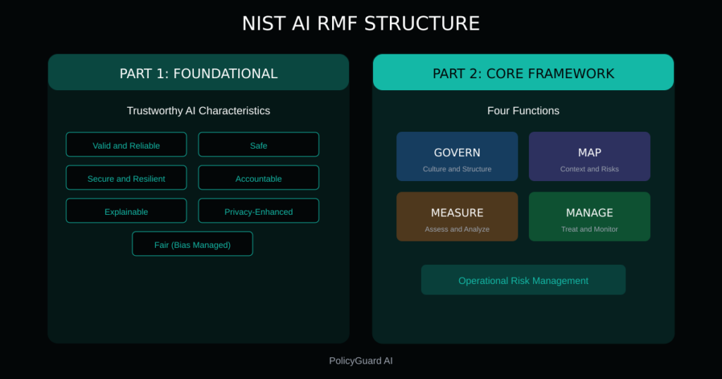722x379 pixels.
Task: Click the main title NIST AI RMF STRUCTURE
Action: click(360, 23)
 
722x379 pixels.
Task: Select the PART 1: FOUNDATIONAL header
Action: click(198, 73)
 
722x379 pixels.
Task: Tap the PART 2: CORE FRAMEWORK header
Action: click(522, 73)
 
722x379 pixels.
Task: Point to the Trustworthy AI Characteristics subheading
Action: click(198, 111)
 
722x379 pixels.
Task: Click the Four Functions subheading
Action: click(522, 111)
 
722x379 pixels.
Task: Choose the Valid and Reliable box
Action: click(126, 145)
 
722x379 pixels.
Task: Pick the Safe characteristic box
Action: click(258, 145)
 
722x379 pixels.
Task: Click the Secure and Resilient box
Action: click(126, 178)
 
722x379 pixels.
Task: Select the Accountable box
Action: click(258, 178)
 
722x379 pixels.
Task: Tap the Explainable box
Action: click(126, 211)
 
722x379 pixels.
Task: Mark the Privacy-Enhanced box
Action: click(258, 211)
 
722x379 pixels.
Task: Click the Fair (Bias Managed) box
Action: click(192, 244)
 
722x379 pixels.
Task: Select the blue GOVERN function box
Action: click(457, 156)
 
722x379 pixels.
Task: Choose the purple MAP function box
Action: click(589, 156)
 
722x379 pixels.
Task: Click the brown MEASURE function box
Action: click(457, 216)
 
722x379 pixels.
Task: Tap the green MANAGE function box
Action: click(589, 216)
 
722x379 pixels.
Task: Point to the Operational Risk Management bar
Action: click(523, 280)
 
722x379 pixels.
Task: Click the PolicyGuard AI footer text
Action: click(360, 361)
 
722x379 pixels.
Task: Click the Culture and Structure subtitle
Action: click(457, 169)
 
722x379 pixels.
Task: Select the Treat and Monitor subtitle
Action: click(589, 229)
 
